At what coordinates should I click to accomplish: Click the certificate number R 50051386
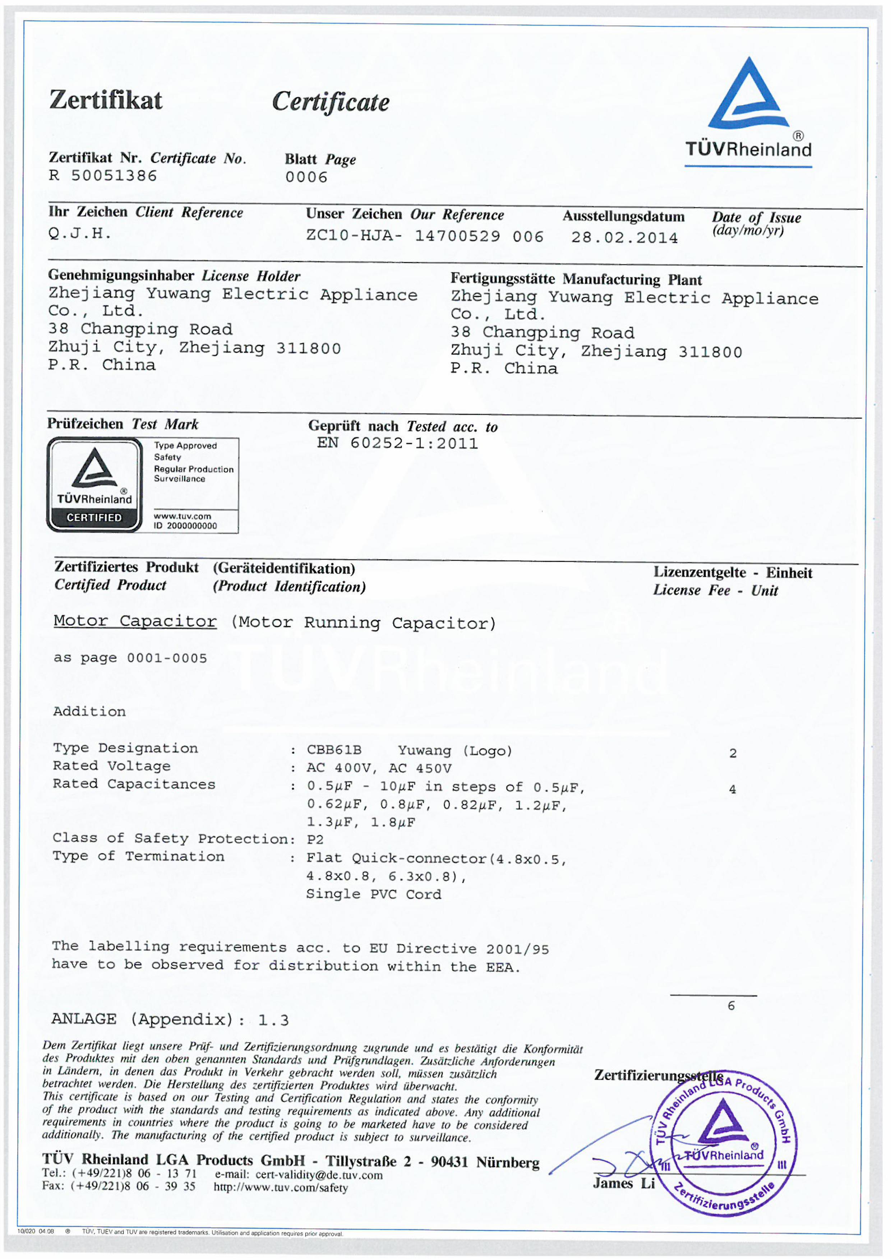pos(103,176)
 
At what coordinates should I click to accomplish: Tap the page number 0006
pos(306,177)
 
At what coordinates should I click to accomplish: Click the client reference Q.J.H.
pos(79,234)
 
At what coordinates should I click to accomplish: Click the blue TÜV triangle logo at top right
pos(748,96)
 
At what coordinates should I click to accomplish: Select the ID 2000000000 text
pos(185,526)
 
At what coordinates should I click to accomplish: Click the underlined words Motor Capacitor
pos(135,621)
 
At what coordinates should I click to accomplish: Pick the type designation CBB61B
pos(333,750)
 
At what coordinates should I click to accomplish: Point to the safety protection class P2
pos(315,839)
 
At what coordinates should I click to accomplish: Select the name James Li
pos(624,1183)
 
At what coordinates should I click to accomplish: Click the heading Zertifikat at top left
pos(106,100)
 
